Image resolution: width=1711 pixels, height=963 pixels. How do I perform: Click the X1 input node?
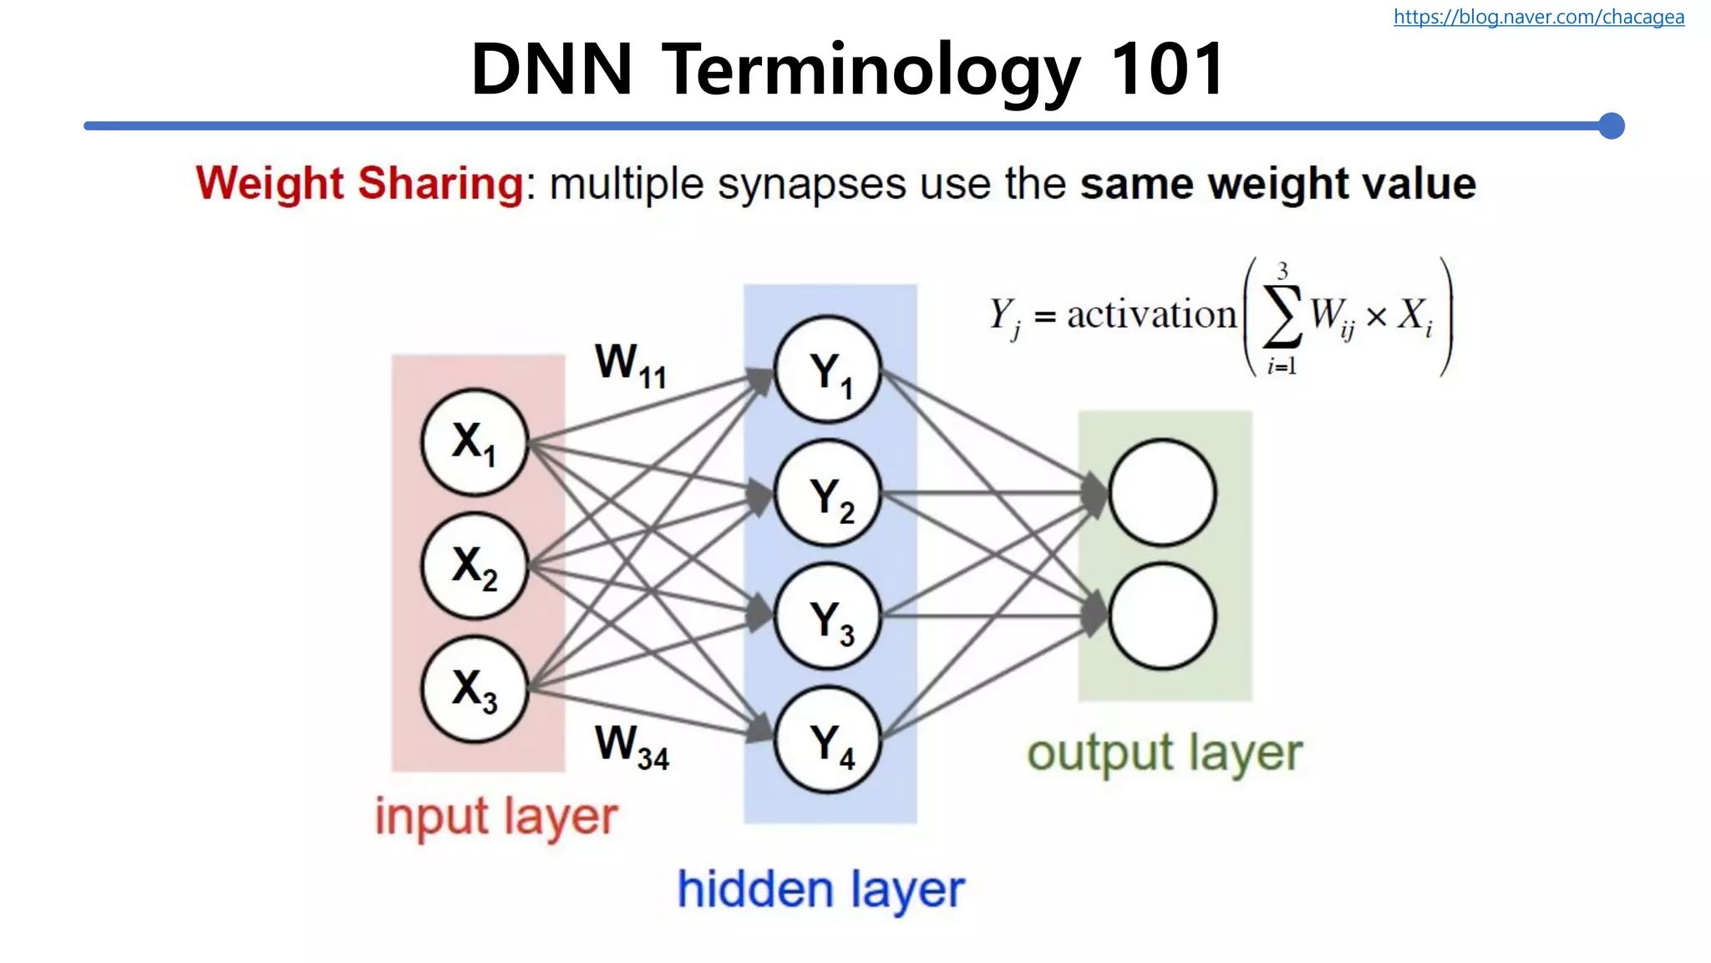(x=475, y=442)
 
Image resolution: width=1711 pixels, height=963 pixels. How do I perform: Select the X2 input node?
(x=475, y=566)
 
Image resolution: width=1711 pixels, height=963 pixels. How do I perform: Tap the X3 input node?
(x=475, y=690)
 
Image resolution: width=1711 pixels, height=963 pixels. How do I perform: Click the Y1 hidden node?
(x=828, y=370)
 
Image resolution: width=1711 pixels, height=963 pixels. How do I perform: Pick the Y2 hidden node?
(x=828, y=494)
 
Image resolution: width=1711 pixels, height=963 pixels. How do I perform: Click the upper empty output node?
(x=1162, y=492)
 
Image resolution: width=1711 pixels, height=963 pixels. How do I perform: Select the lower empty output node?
(x=1162, y=616)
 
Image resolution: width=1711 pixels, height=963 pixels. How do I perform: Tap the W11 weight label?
(x=631, y=364)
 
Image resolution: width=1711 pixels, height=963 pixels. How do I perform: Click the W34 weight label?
(x=632, y=746)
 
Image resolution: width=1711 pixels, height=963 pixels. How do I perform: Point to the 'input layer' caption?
(x=496, y=817)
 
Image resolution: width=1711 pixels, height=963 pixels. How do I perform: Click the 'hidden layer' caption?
(x=820, y=889)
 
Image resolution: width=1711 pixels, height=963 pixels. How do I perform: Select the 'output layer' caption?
(x=1164, y=754)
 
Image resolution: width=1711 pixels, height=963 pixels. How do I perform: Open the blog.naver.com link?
(x=1538, y=17)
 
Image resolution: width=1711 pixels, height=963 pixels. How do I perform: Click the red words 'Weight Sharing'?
(x=360, y=183)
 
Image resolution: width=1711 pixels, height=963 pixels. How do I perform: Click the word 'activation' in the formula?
(x=1151, y=315)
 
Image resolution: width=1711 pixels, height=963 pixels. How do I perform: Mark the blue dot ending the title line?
(x=1611, y=126)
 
